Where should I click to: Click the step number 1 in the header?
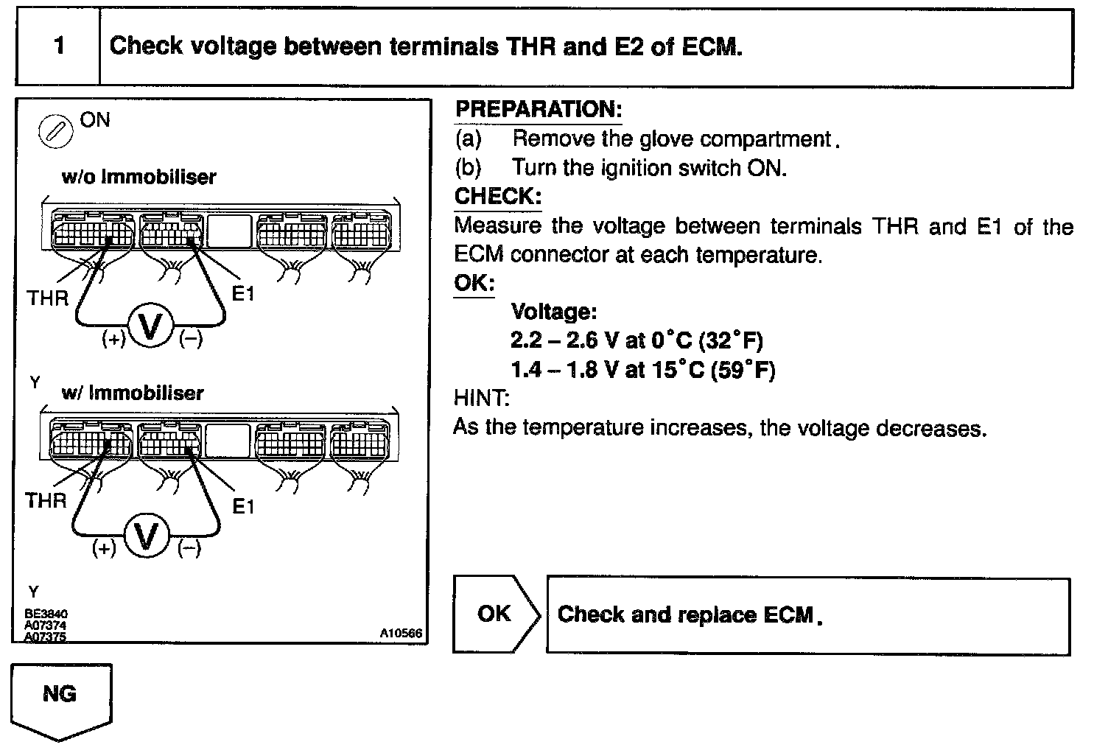tap(59, 46)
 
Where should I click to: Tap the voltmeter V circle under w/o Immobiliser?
tap(151, 326)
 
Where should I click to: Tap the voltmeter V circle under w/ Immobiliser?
tap(147, 536)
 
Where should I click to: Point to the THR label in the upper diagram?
tap(47, 298)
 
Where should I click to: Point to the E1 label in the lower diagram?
tap(243, 507)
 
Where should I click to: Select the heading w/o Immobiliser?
tap(138, 177)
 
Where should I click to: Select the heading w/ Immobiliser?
tap(132, 393)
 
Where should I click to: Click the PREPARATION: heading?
tap(538, 110)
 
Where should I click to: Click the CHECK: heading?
tap(498, 197)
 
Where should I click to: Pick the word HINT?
tap(481, 399)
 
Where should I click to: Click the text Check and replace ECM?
tap(689, 614)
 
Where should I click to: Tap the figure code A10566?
tap(402, 633)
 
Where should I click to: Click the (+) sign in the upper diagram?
tap(113, 340)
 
